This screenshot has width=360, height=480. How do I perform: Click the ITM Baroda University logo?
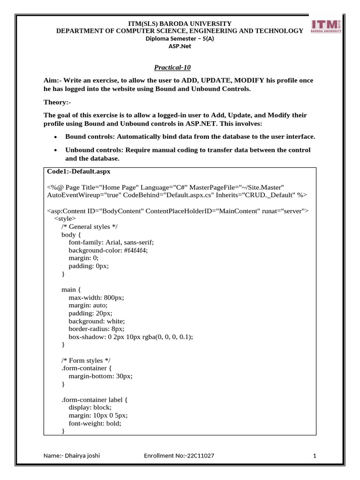coord(326,28)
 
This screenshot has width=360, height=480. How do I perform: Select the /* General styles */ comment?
coord(90,226)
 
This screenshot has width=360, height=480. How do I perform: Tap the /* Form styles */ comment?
coord(85,360)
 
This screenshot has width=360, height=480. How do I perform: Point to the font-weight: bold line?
coord(95,423)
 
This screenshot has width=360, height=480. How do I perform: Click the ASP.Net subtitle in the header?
coord(180,46)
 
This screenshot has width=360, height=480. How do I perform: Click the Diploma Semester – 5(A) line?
coord(180,39)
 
